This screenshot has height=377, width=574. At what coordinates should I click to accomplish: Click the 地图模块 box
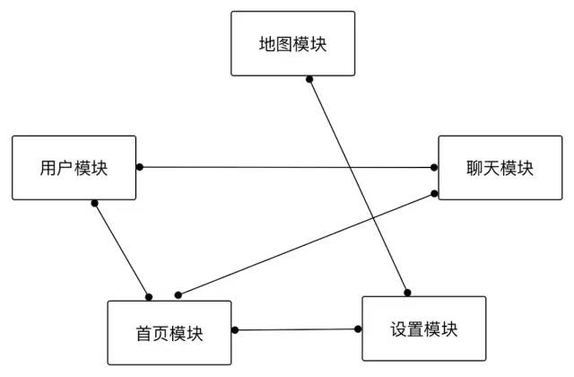292,43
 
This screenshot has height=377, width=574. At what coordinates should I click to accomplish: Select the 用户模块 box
74,168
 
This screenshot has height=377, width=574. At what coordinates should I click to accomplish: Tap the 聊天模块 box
500,168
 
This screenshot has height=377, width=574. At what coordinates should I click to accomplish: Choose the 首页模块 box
169,333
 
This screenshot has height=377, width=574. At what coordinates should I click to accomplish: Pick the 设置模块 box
423,329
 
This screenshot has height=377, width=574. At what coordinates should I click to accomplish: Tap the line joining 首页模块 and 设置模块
296,329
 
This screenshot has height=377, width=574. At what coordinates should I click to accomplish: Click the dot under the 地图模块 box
309,80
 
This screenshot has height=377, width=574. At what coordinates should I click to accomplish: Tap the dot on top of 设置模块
406,292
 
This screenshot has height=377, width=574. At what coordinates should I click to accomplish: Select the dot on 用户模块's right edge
140,167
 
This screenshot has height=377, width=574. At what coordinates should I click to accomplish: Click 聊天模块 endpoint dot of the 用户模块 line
434,167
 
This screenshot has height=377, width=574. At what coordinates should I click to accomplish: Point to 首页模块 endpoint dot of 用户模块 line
149,296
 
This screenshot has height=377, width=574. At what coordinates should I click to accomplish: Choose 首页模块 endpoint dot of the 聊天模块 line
178,294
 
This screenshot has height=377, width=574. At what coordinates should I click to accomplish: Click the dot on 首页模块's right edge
235,330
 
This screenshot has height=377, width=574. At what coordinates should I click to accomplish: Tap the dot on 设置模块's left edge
358,329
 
